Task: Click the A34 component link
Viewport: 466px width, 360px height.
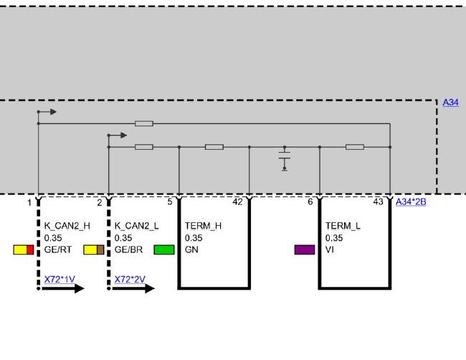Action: (450, 103)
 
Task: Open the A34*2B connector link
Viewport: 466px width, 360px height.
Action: (411, 202)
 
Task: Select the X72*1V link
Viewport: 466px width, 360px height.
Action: (60, 280)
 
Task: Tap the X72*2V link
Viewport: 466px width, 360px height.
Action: (130, 280)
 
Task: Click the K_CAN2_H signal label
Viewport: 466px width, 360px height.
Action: (67, 226)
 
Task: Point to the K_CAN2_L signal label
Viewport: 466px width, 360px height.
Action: (137, 226)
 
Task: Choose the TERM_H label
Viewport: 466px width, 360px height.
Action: (204, 226)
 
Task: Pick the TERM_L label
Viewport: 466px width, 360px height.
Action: (343, 226)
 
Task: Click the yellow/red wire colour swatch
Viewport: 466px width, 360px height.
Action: (24, 250)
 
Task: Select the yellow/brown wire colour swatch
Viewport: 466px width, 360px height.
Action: (94, 250)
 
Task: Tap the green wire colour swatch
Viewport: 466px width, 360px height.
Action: (164, 250)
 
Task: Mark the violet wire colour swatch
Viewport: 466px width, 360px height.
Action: (305, 250)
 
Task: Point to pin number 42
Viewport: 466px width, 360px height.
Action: (237, 202)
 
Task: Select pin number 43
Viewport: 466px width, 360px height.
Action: (378, 202)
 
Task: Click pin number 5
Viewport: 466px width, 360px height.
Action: (170, 202)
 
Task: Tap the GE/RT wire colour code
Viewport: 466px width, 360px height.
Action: (58, 250)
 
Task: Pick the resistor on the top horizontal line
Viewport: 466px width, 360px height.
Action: (144, 123)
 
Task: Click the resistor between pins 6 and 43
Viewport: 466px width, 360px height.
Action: (355, 147)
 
